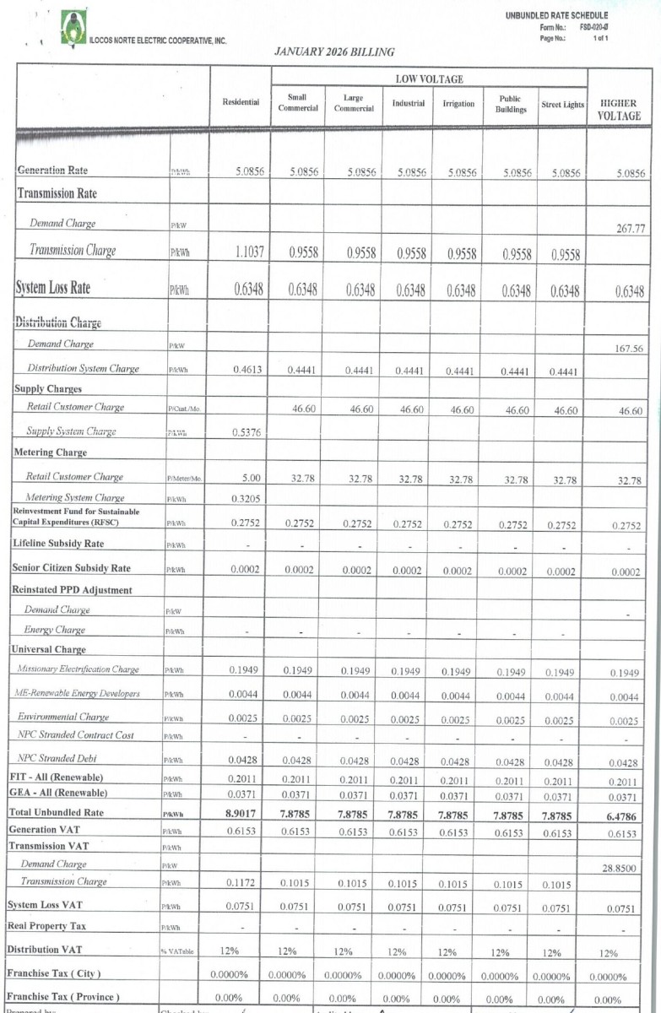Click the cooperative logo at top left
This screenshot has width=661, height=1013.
73,28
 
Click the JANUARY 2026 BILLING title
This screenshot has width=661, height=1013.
334,52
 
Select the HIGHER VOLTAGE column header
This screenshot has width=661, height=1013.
619,110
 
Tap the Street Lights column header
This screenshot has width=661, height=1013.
562,105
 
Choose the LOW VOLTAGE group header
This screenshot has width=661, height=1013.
429,79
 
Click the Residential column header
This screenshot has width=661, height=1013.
241,102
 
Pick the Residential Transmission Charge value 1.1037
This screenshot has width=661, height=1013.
249,252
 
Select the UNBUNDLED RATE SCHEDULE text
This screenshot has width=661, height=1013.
557,15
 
